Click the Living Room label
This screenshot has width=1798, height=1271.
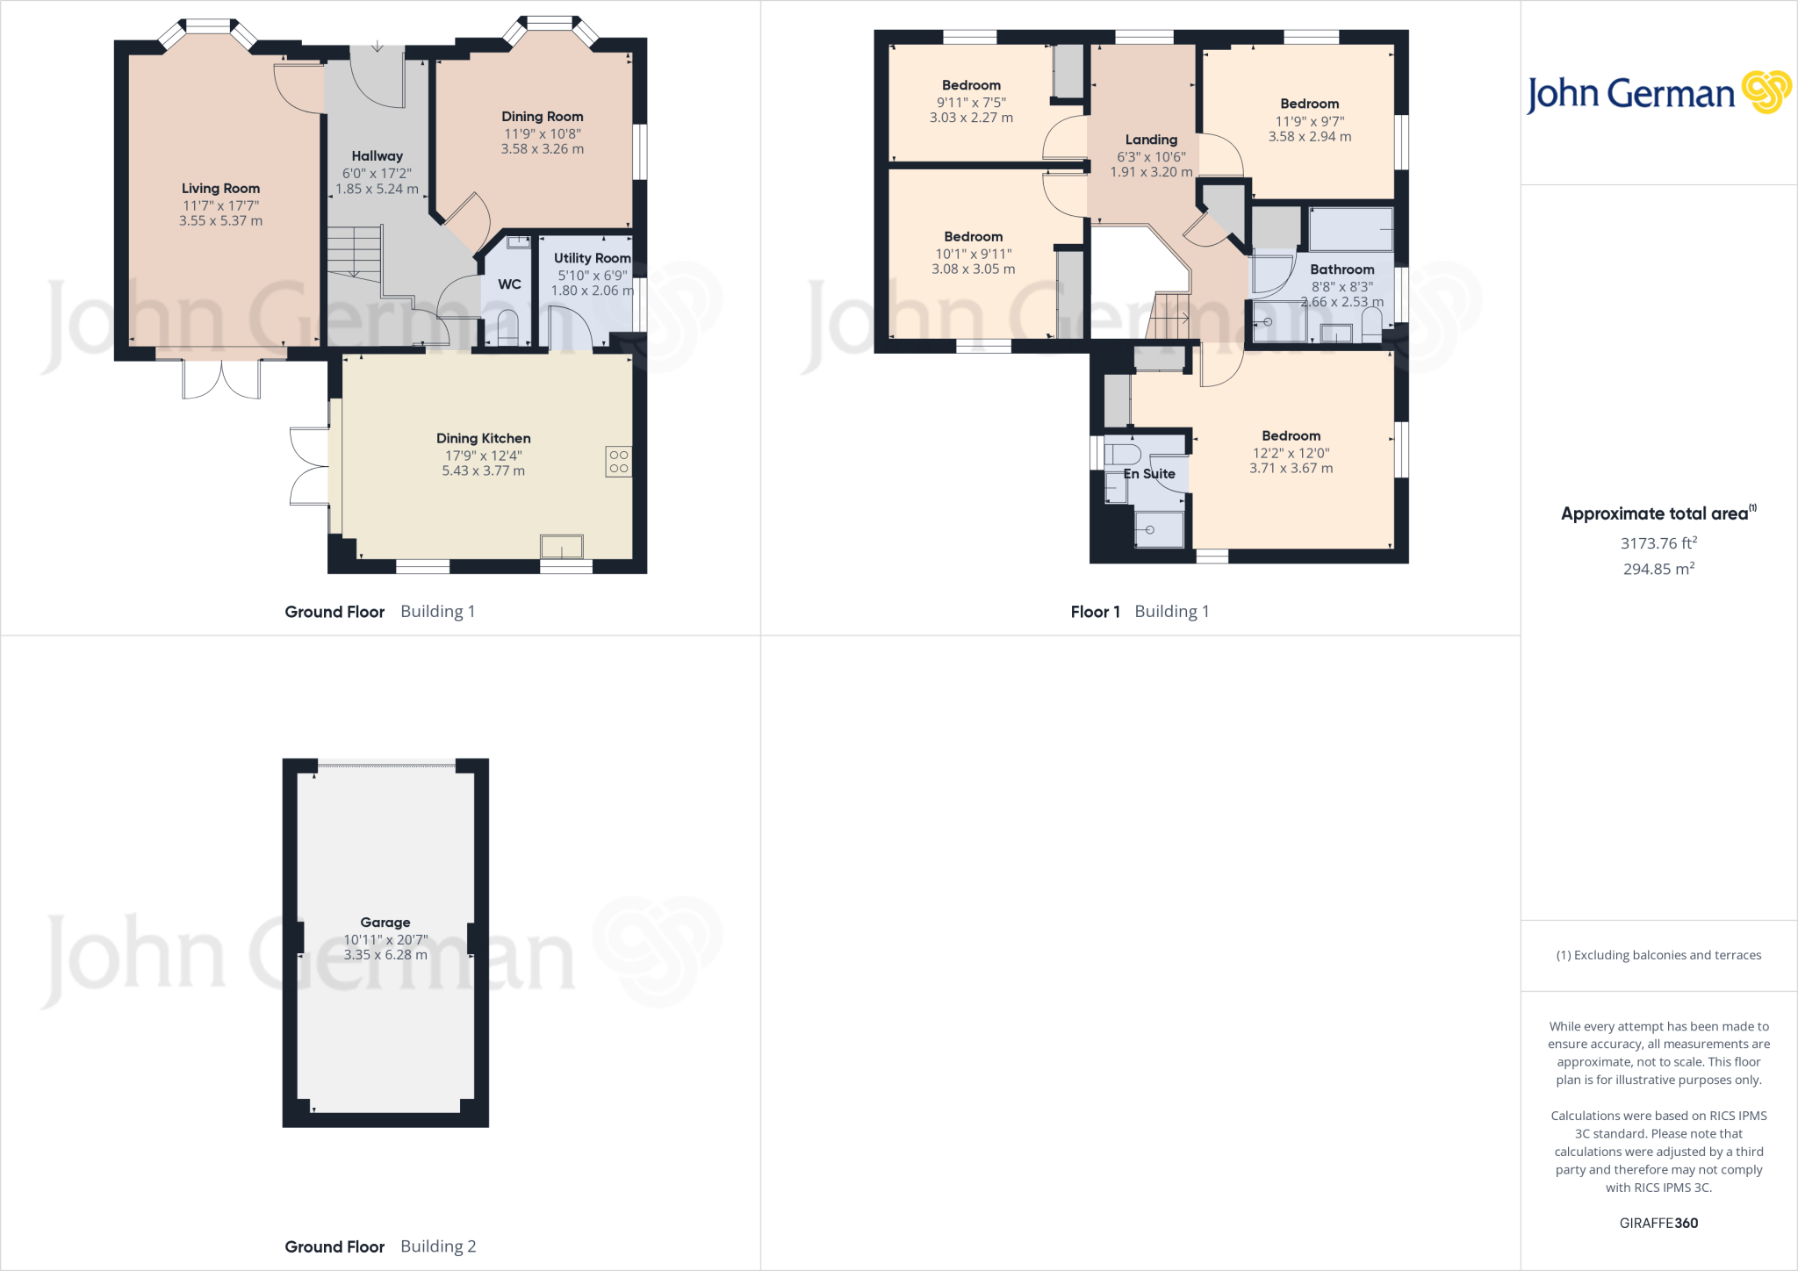pos(220,188)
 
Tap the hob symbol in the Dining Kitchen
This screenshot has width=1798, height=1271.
pos(618,462)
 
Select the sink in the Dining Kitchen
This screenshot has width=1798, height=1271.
pos(562,546)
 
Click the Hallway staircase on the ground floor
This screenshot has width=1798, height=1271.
pos(355,253)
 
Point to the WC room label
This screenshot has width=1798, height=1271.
pos(509,284)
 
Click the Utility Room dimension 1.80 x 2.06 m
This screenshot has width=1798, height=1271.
pos(592,291)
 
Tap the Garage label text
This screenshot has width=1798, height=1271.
pos(385,923)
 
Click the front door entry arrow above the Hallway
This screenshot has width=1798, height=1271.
pos(377,46)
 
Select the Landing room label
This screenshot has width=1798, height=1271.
pos(1151,140)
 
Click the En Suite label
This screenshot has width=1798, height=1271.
pos(1149,474)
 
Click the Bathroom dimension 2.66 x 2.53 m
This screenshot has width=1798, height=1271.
pos(1341,302)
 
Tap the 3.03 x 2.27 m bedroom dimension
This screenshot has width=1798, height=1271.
pos(971,118)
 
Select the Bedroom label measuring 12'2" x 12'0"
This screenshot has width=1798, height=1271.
pos(1291,436)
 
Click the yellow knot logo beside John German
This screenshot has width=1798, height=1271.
pos(1766,92)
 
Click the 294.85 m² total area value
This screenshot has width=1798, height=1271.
pos(1658,569)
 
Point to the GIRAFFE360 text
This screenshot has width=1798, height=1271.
pos(1658,1223)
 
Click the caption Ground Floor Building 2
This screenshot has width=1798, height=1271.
pos(380,1246)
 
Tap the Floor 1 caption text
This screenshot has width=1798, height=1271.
pos(1095,612)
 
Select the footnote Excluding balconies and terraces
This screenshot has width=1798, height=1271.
pos(1658,955)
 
